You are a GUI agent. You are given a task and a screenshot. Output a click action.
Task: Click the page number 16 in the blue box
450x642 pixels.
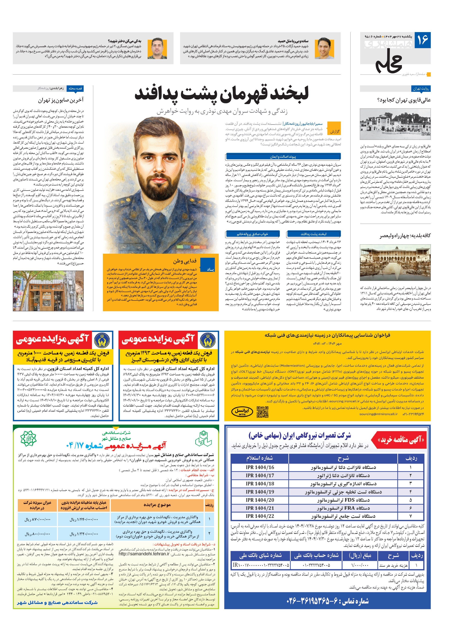pos(422,40)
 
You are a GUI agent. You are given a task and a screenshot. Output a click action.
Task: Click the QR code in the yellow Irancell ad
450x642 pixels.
pos(262,412)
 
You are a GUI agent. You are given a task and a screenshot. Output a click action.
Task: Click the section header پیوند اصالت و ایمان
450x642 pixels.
pos(283,157)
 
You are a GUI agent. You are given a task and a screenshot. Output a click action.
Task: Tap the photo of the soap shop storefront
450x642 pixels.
pos(48,291)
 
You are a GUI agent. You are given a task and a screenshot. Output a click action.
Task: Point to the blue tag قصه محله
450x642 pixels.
pos(75,88)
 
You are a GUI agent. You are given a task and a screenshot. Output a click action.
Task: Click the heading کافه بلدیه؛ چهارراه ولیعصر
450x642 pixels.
pos(405,236)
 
